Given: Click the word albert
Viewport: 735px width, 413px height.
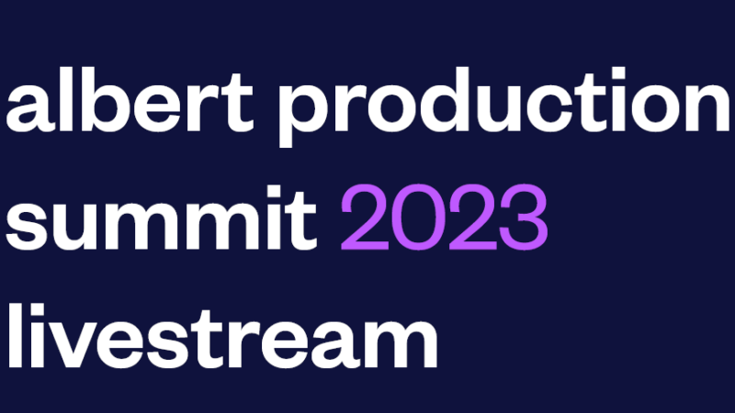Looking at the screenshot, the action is [130, 99].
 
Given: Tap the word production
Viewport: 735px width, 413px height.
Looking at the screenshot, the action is [503, 106].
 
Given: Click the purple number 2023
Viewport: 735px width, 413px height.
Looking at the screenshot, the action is [444, 218].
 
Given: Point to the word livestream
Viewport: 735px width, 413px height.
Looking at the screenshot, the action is [223, 336].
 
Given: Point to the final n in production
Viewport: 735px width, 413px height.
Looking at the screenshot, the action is [707, 106].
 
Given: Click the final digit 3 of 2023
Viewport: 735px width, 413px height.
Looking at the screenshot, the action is [524, 218].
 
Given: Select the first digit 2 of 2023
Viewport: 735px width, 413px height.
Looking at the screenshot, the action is [365, 218].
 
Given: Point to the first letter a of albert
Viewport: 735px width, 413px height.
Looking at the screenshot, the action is [29, 107].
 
